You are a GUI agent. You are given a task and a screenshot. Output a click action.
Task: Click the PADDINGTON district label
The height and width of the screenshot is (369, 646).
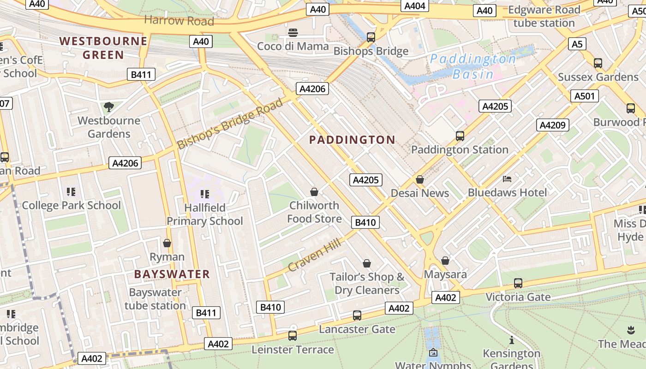pos(352,140)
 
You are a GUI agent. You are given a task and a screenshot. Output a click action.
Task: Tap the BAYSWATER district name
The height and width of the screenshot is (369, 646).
pos(172,274)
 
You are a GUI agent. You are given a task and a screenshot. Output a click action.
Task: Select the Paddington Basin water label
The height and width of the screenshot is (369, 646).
pos(473,66)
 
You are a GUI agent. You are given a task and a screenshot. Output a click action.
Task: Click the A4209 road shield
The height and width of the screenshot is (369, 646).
pos(553,125)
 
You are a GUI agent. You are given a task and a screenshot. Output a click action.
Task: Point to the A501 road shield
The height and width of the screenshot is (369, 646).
pos(585,96)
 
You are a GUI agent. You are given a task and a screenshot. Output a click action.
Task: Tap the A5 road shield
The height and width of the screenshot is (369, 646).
pos(577,44)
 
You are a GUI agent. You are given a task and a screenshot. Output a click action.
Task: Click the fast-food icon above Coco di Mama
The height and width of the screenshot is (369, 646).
pos(293,33)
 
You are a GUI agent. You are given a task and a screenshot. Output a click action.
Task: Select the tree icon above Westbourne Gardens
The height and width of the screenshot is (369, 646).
pos(108,107)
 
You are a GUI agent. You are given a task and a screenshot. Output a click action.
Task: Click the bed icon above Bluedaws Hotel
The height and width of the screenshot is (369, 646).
pos(507,179)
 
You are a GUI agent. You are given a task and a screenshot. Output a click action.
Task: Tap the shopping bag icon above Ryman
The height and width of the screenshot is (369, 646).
pos(167,243)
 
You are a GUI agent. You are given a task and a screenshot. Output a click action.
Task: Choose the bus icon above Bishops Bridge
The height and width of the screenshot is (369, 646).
pos(371,37)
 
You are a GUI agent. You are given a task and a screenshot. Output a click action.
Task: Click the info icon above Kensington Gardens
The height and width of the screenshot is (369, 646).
pos(511,340)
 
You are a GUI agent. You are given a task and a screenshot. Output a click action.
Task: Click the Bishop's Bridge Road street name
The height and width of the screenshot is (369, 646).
pos(230,123)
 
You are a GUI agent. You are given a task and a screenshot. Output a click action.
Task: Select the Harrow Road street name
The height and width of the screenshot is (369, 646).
pos(179,21)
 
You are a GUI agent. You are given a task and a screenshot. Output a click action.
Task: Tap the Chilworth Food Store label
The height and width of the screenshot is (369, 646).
pos(314,212)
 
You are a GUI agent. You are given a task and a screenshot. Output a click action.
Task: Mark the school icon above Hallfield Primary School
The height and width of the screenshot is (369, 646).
pos(204,194)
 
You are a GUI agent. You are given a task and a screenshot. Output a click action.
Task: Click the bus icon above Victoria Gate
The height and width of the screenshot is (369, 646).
pos(518,283)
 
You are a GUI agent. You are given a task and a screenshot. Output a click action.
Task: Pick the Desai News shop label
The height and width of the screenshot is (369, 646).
pos(420,193)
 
